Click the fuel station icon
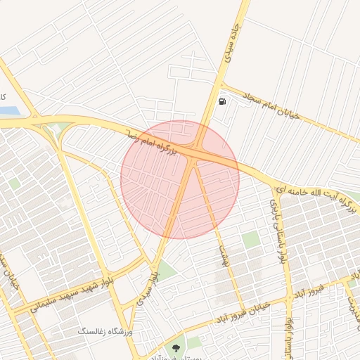[223, 101]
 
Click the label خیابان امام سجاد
[271, 105]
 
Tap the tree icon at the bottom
[175, 347]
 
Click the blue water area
[10, 111]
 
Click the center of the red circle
[180, 179]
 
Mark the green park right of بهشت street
[250, 240]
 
